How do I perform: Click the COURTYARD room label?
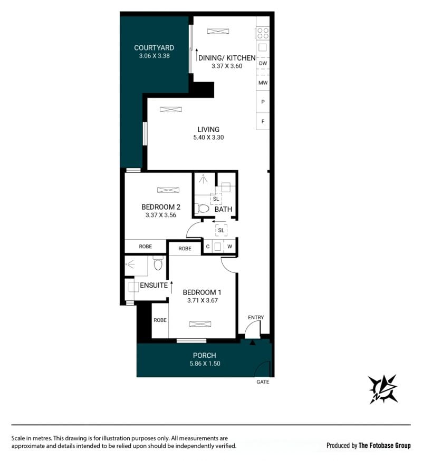(x=154, y=47)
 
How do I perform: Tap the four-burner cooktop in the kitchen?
(x=263, y=33)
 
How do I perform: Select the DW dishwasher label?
(x=263, y=63)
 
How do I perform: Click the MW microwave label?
(x=263, y=83)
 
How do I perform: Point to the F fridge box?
(x=263, y=121)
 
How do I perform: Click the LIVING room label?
(x=208, y=130)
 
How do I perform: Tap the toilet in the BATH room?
(x=202, y=209)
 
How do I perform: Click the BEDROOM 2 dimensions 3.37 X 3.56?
(x=161, y=215)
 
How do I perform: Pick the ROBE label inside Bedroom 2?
(x=146, y=247)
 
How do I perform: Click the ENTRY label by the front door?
(x=256, y=317)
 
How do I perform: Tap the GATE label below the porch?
(x=263, y=381)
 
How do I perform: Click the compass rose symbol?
(x=383, y=389)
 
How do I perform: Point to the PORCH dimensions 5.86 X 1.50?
(x=205, y=364)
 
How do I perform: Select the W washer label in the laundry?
(x=229, y=247)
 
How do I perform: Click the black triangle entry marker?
(x=253, y=342)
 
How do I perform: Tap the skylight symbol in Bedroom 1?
(x=200, y=324)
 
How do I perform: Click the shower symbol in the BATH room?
(x=203, y=179)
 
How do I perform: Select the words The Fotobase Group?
(x=385, y=445)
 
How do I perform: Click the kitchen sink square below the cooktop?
(x=263, y=47)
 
